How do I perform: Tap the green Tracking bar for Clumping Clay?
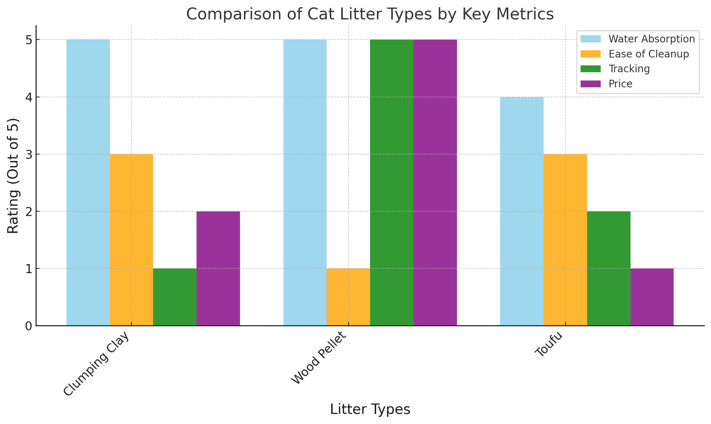point(175,297)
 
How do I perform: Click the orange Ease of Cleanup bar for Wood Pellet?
point(348,297)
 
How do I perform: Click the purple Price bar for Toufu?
point(652,297)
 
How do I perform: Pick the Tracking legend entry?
point(629,69)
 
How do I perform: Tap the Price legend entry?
point(620,84)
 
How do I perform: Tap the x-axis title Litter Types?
point(370,410)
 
